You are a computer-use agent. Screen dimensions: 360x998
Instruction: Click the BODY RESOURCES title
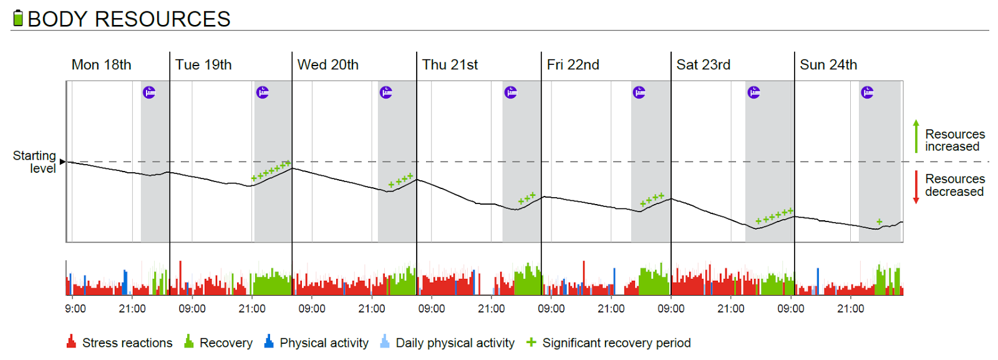129,19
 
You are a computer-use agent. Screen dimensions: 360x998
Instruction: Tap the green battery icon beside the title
18,18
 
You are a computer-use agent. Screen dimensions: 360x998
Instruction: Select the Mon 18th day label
101,65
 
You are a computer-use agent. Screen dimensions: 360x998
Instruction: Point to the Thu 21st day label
450,65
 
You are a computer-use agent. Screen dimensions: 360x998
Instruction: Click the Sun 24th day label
828,65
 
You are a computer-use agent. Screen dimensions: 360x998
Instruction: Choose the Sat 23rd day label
703,65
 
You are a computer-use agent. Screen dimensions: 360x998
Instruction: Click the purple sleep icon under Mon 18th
149,92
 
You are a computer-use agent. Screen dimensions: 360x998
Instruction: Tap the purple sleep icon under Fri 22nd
639,92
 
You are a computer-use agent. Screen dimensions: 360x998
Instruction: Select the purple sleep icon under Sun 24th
867,92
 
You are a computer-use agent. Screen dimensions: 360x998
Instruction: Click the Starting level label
35,162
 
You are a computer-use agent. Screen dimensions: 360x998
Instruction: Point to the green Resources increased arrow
916,136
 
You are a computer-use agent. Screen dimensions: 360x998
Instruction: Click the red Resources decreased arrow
916,187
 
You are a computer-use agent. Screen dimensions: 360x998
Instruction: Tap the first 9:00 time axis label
75,309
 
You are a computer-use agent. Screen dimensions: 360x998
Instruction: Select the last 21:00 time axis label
851,309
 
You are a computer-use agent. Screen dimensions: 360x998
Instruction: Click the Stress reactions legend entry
120,343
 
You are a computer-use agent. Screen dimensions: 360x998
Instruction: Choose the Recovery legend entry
219,343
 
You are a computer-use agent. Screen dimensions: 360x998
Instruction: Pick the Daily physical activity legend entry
448,343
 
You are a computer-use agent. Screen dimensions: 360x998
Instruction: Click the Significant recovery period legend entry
609,343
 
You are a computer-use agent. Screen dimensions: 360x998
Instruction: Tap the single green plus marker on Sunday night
879,221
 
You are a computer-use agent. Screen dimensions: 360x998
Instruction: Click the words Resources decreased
954,185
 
